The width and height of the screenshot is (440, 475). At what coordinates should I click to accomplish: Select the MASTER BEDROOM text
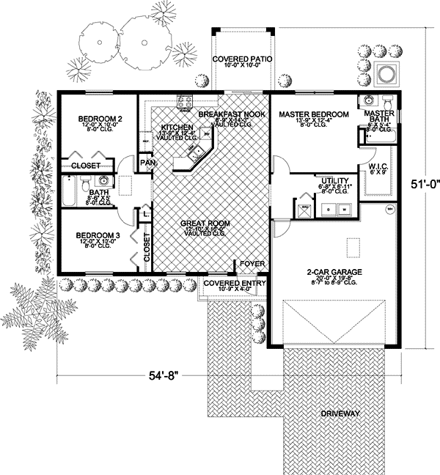pos(313,114)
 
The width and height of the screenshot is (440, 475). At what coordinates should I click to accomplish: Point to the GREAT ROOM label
pos(208,223)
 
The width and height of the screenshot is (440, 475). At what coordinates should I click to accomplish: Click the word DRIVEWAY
pos(340,413)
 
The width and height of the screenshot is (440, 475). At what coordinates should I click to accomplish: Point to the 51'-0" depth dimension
pos(419,186)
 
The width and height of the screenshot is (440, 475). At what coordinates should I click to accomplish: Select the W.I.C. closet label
pos(378,165)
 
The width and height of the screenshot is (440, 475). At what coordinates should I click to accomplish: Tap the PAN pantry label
pos(147,163)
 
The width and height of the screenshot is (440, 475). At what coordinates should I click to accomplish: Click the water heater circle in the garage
pos(391,209)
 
